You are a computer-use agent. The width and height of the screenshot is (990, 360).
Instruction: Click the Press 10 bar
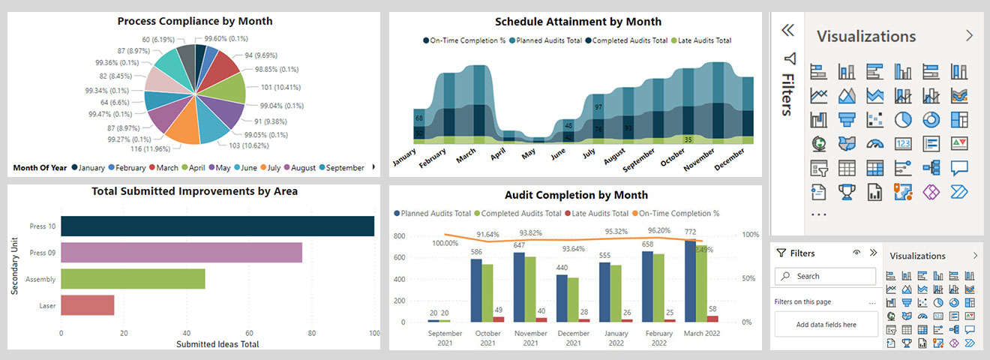coord(217,226)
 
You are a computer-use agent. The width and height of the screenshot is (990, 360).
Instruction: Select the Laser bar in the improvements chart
coord(88,305)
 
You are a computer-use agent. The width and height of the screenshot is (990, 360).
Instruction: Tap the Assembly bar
coord(133,279)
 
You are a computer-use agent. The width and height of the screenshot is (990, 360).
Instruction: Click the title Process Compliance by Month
coord(194,21)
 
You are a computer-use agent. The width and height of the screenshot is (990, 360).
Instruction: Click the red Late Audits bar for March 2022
coord(712,319)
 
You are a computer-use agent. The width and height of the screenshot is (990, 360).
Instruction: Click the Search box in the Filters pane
coord(825,276)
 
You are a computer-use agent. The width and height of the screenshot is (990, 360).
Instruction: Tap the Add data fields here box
coord(825,325)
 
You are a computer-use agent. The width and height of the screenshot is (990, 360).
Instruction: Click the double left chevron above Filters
coord(787,30)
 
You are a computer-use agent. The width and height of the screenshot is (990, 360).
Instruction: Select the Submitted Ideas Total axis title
coord(217,344)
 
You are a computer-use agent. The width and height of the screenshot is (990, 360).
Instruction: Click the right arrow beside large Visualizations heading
coord(969,35)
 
